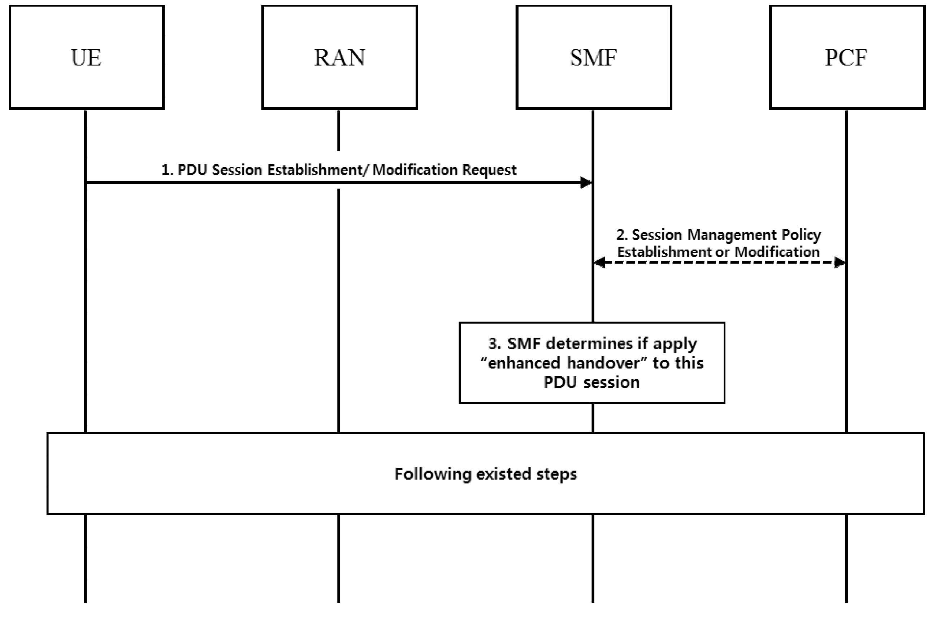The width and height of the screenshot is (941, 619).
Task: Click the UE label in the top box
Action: [86, 58]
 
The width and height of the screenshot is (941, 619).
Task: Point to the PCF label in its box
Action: [846, 58]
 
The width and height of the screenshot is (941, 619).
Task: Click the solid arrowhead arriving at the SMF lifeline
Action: [586, 182]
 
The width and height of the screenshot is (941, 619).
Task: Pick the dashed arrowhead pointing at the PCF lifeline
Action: [840, 262]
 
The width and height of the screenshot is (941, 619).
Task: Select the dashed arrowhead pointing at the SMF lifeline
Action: [600, 262]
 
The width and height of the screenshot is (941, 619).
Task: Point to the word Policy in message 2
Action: [801, 235]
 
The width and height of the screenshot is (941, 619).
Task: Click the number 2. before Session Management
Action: [622, 235]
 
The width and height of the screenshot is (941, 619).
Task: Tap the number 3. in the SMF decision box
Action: [495, 344]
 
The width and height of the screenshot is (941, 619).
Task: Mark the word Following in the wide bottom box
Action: [433, 474]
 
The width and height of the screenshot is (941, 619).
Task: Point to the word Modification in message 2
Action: [777, 252]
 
